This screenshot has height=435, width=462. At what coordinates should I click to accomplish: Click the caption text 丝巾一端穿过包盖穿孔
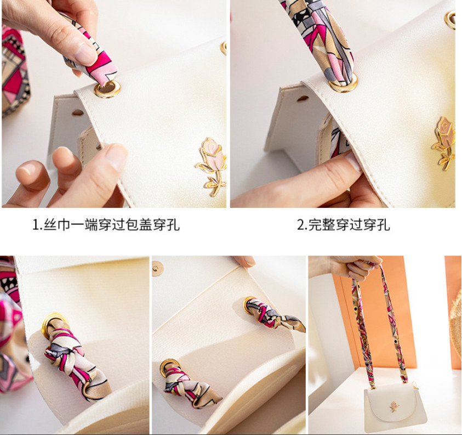(x=111, y=225)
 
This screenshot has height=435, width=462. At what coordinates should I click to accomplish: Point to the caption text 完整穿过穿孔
(x=349, y=225)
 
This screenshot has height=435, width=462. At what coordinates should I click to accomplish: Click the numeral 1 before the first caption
(x=36, y=225)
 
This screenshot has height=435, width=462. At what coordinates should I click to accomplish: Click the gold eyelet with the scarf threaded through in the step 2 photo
(x=344, y=83)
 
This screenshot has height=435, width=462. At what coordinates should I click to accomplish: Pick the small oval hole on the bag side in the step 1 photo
(x=78, y=112)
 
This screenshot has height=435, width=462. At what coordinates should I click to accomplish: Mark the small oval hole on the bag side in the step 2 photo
(x=303, y=98)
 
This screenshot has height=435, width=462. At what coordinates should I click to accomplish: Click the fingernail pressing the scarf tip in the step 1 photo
(x=85, y=54)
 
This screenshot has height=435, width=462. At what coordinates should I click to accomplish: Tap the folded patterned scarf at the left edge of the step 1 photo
(x=15, y=71)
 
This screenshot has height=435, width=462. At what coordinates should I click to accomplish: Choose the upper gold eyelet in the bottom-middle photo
(x=248, y=304)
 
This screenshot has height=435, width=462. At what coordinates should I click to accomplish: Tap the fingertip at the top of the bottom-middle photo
(x=244, y=261)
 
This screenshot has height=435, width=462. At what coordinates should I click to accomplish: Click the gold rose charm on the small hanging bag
(x=395, y=406)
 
